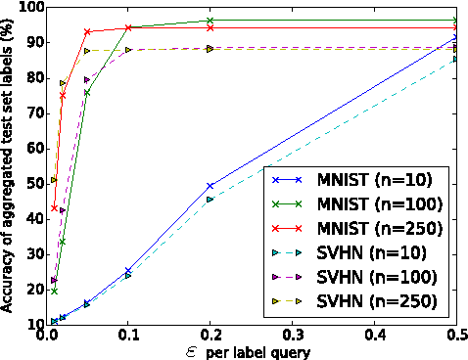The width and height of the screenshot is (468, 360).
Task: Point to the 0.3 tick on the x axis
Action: [293, 335]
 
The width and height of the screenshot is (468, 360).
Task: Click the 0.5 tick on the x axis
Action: [456, 335]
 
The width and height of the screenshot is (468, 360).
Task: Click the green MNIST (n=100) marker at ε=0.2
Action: [211, 21]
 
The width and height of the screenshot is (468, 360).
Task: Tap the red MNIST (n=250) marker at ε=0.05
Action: [87, 32]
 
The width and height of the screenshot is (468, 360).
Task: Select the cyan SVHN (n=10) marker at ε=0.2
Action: [211, 199]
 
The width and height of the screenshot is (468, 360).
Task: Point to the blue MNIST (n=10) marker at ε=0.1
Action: [128, 270]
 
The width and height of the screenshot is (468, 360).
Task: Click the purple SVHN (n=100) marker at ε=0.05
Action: [87, 79]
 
